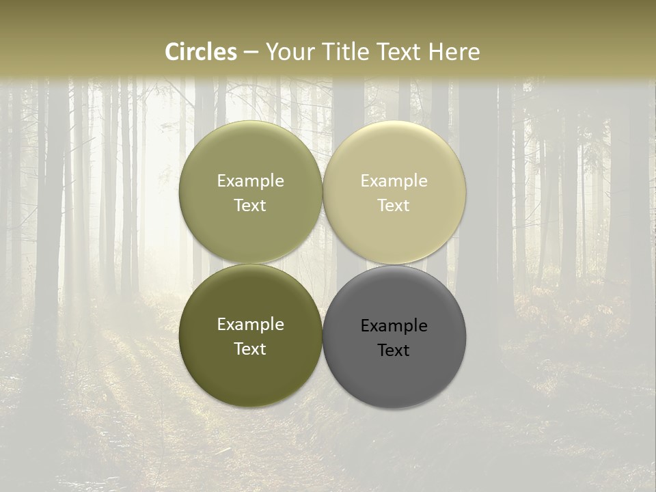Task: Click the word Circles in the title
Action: pyautogui.click(x=201, y=52)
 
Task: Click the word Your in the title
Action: pyautogui.click(x=287, y=52)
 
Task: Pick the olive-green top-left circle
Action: pyautogui.click(x=250, y=157)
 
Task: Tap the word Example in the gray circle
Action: pyautogui.click(x=394, y=326)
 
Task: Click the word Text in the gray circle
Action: pyautogui.click(x=394, y=351)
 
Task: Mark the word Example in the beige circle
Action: pyautogui.click(x=394, y=181)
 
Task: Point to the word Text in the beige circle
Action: pyautogui.click(x=394, y=206)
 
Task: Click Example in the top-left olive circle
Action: pyautogui.click(x=250, y=181)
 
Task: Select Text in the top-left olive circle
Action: pyautogui.click(x=250, y=206)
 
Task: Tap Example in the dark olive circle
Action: pyautogui.click(x=250, y=325)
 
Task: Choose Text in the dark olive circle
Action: pyautogui.click(x=250, y=349)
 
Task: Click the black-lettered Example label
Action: pyautogui.click(x=394, y=326)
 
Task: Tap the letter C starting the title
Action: pyautogui.click(x=173, y=52)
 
